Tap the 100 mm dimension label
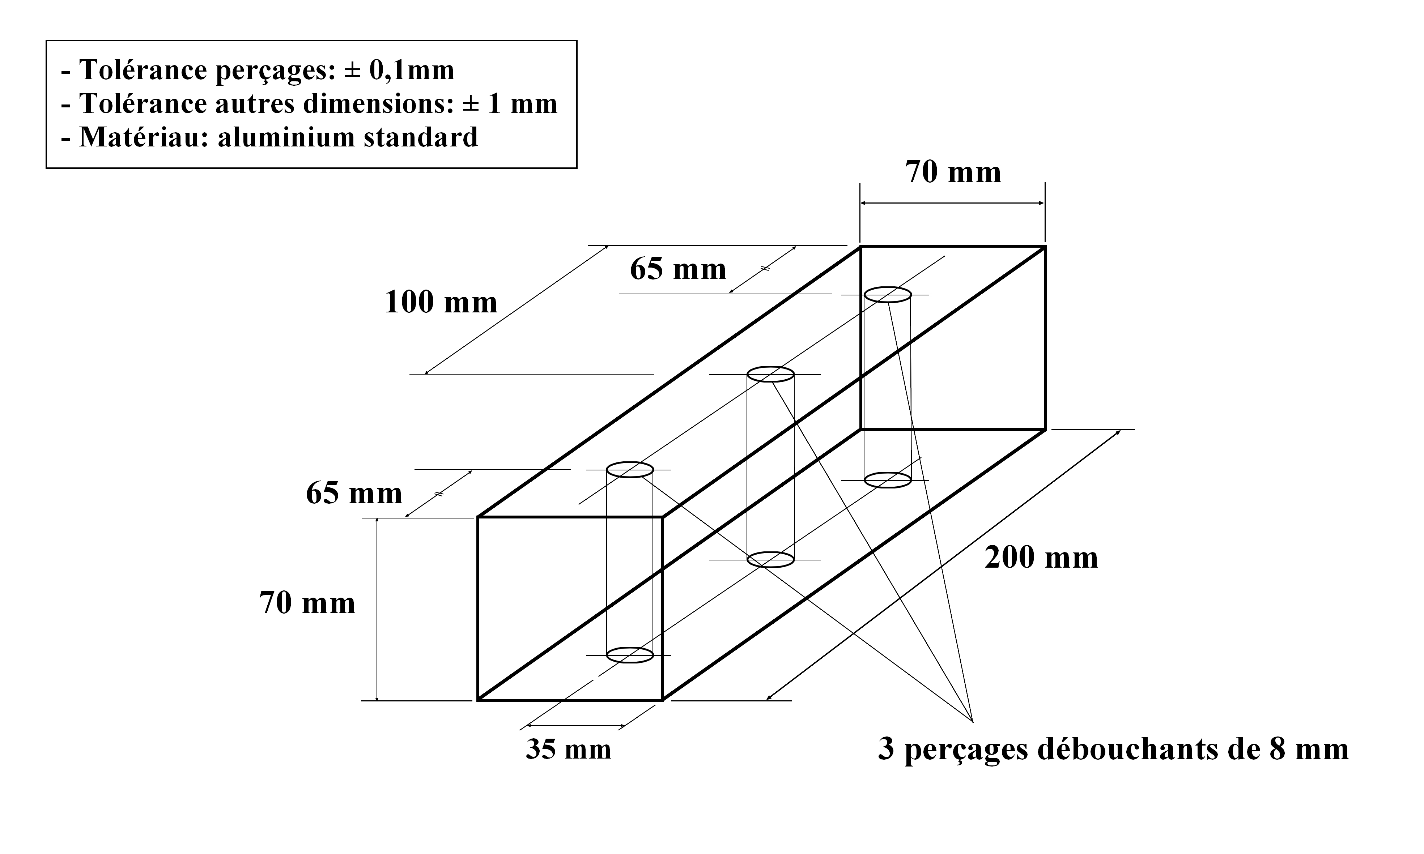coord(441,302)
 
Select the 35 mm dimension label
coord(568,749)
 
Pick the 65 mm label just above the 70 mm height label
coord(354,493)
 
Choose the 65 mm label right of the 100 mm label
coord(678,269)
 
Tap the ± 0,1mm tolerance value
coord(399,70)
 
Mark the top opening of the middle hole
coord(770,374)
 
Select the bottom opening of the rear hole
coord(888,480)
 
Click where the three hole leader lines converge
coord(972,721)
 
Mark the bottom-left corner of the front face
coord(478,700)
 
